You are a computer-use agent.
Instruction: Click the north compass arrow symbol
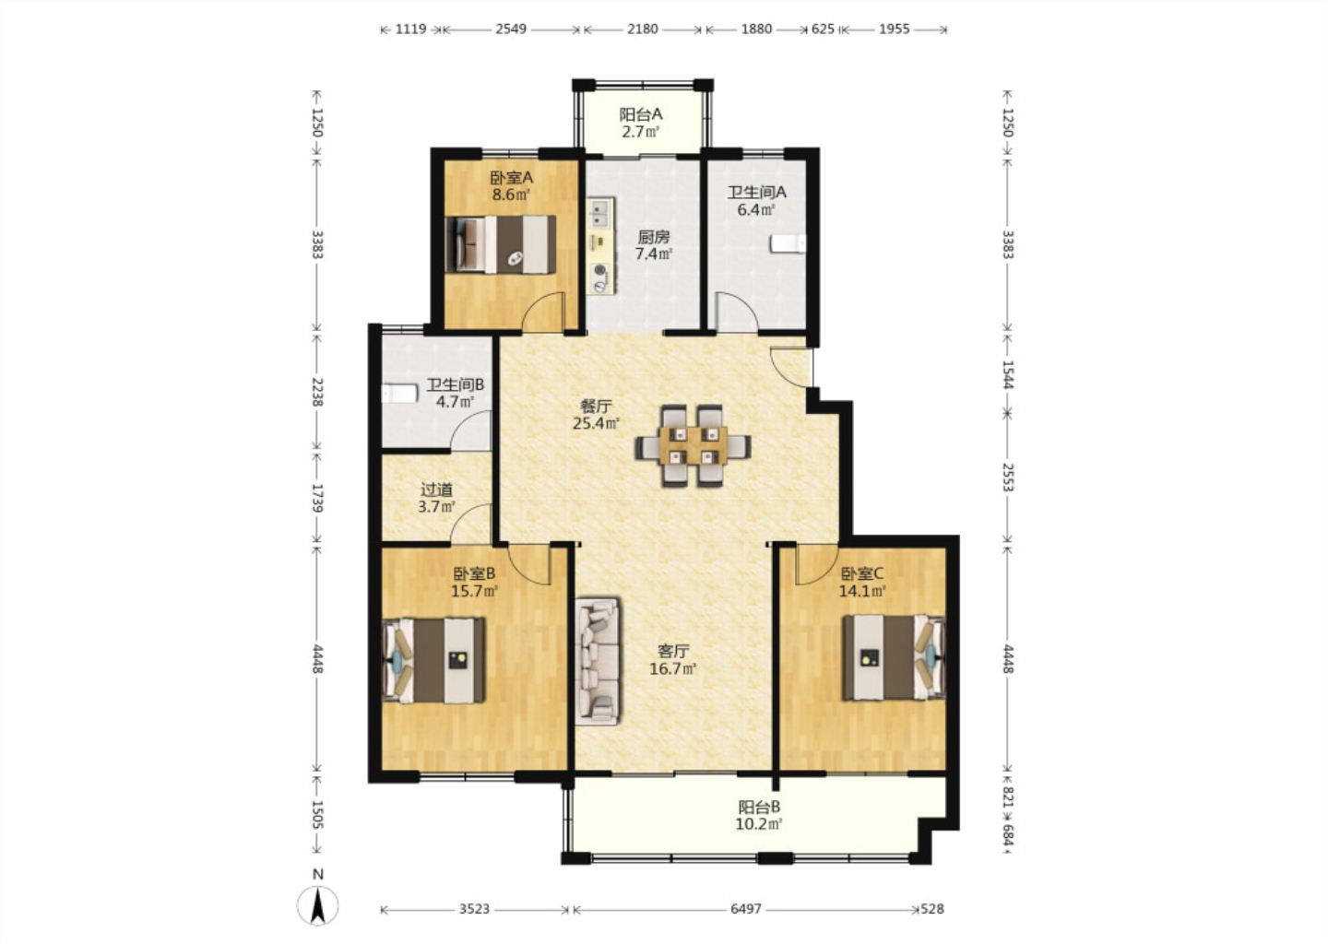tap(318, 905)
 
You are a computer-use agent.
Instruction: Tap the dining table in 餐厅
tap(694, 445)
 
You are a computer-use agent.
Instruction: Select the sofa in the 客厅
tap(599, 661)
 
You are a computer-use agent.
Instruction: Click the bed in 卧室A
tap(501, 244)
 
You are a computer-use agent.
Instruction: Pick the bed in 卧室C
tap(894, 658)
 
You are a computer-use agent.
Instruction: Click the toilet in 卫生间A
tap(788, 244)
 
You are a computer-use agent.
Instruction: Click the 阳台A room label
tap(640, 114)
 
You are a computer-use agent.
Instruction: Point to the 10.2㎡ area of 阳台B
tap(759, 824)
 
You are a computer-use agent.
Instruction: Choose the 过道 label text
tap(437, 490)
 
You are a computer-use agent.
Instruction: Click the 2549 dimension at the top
tap(511, 29)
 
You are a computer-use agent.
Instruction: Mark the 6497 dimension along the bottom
tap(746, 909)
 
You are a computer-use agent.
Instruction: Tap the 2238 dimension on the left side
tap(318, 393)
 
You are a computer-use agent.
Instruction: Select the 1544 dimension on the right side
tap(1008, 375)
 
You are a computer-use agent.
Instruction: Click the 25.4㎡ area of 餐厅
tap(596, 424)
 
